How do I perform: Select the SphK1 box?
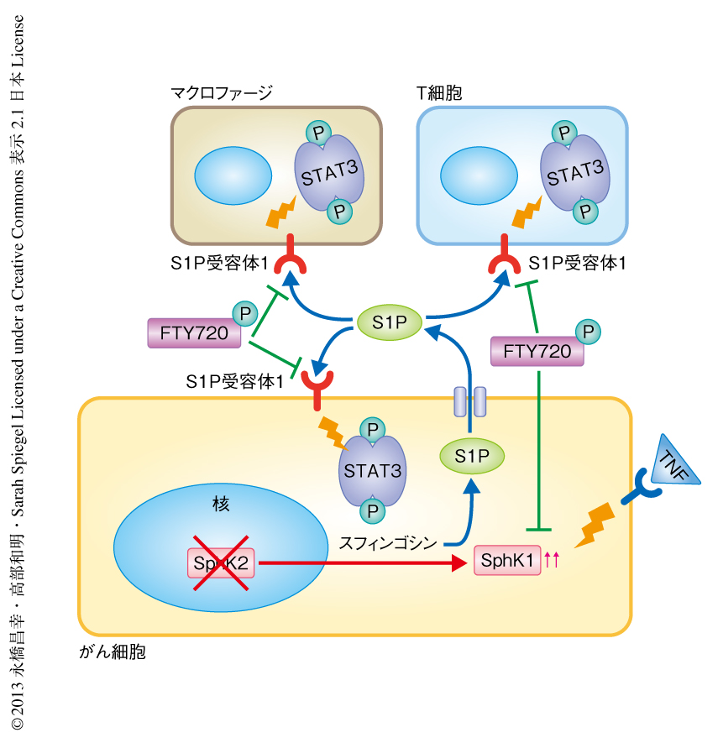(508, 561)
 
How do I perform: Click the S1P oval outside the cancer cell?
(390, 322)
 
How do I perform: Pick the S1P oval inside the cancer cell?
(472, 456)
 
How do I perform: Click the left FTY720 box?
(194, 333)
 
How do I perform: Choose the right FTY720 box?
(537, 351)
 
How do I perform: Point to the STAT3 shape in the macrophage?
(329, 174)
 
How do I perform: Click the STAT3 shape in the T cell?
(574, 174)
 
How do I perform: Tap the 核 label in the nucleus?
(221, 505)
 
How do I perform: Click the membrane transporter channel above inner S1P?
(469, 401)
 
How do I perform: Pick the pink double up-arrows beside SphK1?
(552, 560)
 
